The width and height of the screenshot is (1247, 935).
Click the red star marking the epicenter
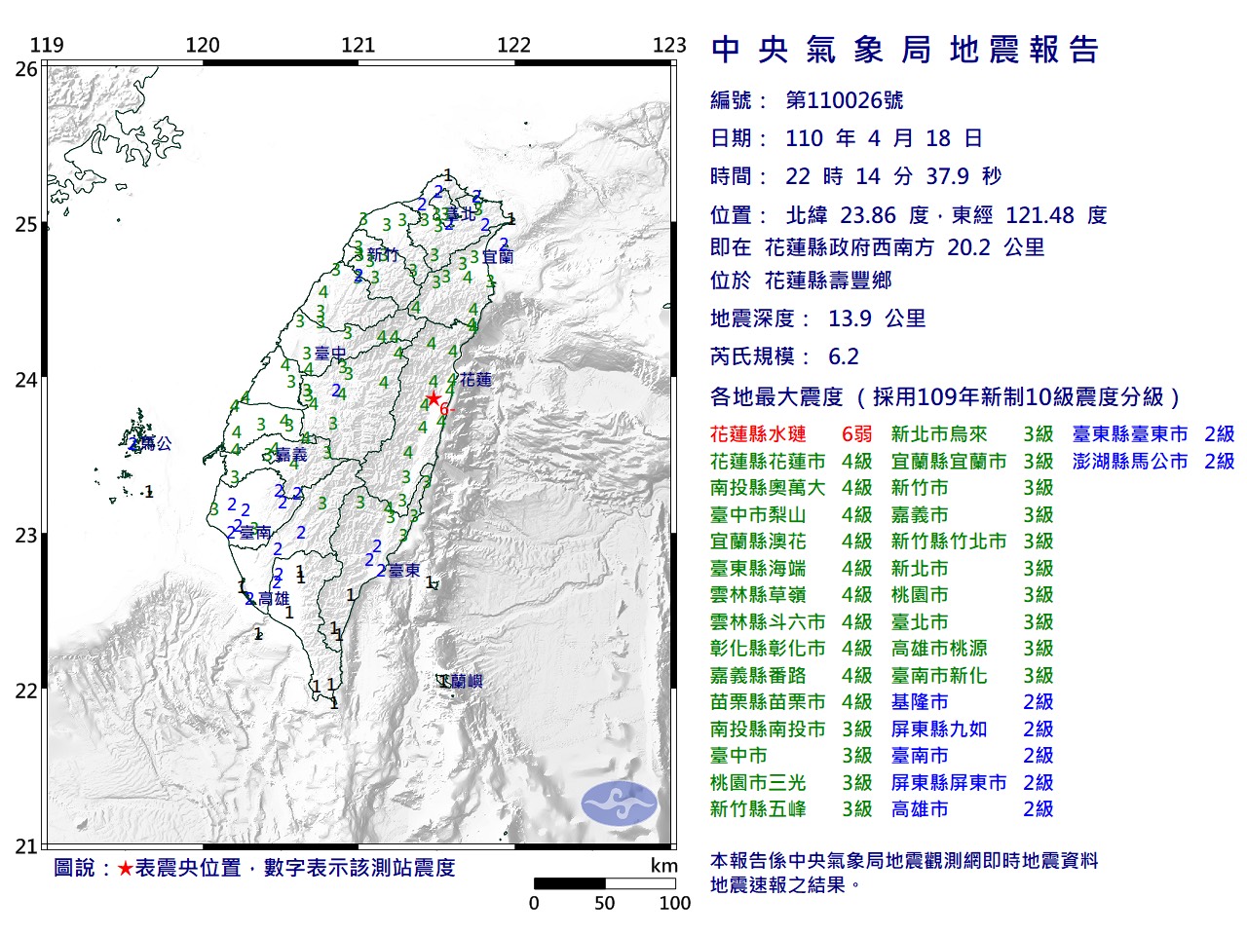pyautogui.click(x=433, y=398)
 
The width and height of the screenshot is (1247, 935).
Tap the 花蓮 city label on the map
pyautogui.click(x=476, y=380)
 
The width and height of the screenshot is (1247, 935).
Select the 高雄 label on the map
pyautogui.click(x=274, y=599)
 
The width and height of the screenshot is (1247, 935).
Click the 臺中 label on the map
pyautogui.click(x=330, y=354)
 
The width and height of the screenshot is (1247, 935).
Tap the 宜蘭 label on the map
pyautogui.click(x=498, y=256)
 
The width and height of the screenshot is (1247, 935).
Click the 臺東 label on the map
pyautogui.click(x=404, y=570)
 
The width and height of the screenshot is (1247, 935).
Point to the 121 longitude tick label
pyautogui.click(x=358, y=45)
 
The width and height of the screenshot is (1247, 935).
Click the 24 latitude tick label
pyautogui.click(x=26, y=380)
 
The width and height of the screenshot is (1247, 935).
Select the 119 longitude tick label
pyautogui.click(x=47, y=45)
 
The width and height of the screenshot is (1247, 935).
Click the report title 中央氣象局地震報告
pyautogui.click(x=905, y=50)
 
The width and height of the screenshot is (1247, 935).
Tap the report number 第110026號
pyautogui.click(x=844, y=100)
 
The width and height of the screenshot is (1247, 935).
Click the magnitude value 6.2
pyautogui.click(x=844, y=356)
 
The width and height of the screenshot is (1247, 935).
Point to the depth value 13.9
pyautogui.click(x=850, y=318)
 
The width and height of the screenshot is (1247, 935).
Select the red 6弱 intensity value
pyautogui.click(x=856, y=434)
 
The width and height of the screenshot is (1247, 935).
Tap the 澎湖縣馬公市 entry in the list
pyautogui.click(x=1130, y=462)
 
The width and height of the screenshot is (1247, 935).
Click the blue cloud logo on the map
pyautogui.click(x=620, y=804)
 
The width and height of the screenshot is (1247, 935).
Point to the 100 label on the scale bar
pyautogui.click(x=674, y=903)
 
